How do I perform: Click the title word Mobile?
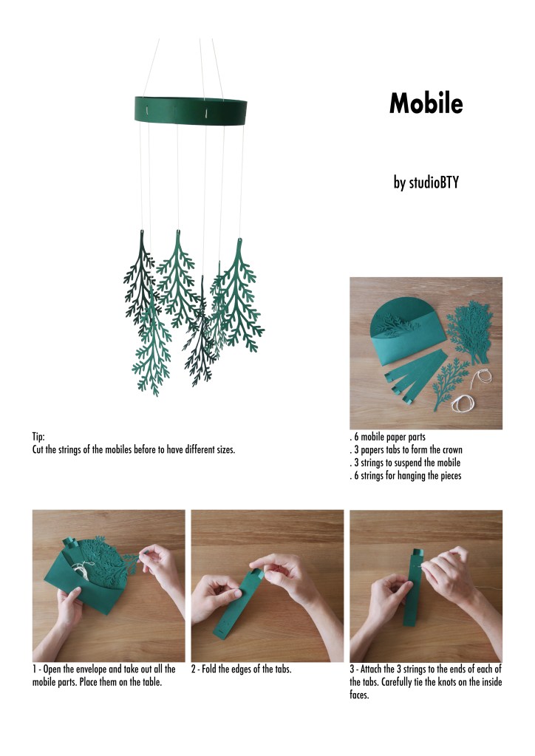pyautogui.click(x=426, y=103)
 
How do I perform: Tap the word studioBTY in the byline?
pyautogui.click(x=434, y=183)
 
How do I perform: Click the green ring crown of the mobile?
pyautogui.click(x=191, y=111)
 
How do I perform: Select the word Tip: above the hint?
pyautogui.click(x=38, y=437)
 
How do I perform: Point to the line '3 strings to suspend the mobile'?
pyautogui.click(x=407, y=463)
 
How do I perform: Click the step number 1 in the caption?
pyautogui.click(x=34, y=670)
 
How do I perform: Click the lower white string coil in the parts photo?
pyautogui.click(x=463, y=403)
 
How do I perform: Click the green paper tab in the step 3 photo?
pyautogui.click(x=414, y=587)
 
